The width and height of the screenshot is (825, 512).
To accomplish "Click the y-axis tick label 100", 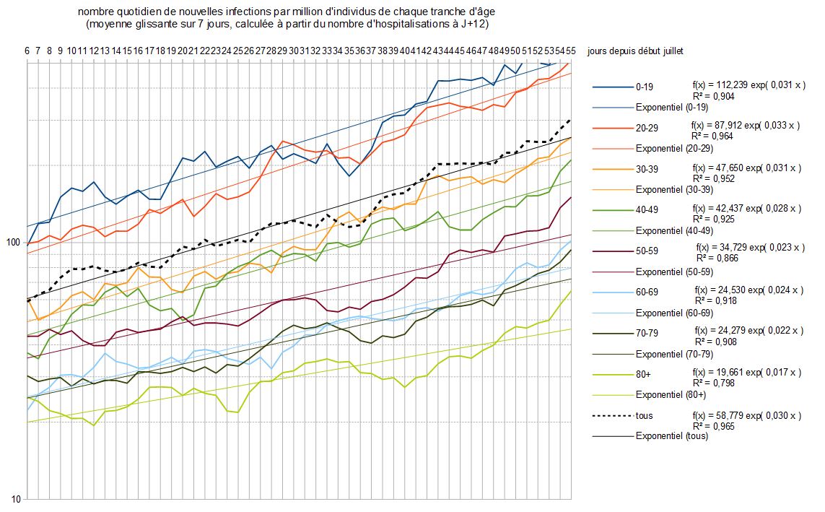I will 13,242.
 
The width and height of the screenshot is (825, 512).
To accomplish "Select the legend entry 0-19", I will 644,87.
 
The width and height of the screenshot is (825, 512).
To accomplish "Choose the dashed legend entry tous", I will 644,416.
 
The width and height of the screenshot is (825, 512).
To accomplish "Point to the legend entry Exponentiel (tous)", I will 671,436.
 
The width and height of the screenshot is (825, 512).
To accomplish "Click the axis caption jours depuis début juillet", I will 635,51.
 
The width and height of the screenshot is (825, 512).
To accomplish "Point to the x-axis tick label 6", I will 27,51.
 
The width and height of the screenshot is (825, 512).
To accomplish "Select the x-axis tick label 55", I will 570,51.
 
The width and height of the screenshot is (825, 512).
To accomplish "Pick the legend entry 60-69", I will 646,292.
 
